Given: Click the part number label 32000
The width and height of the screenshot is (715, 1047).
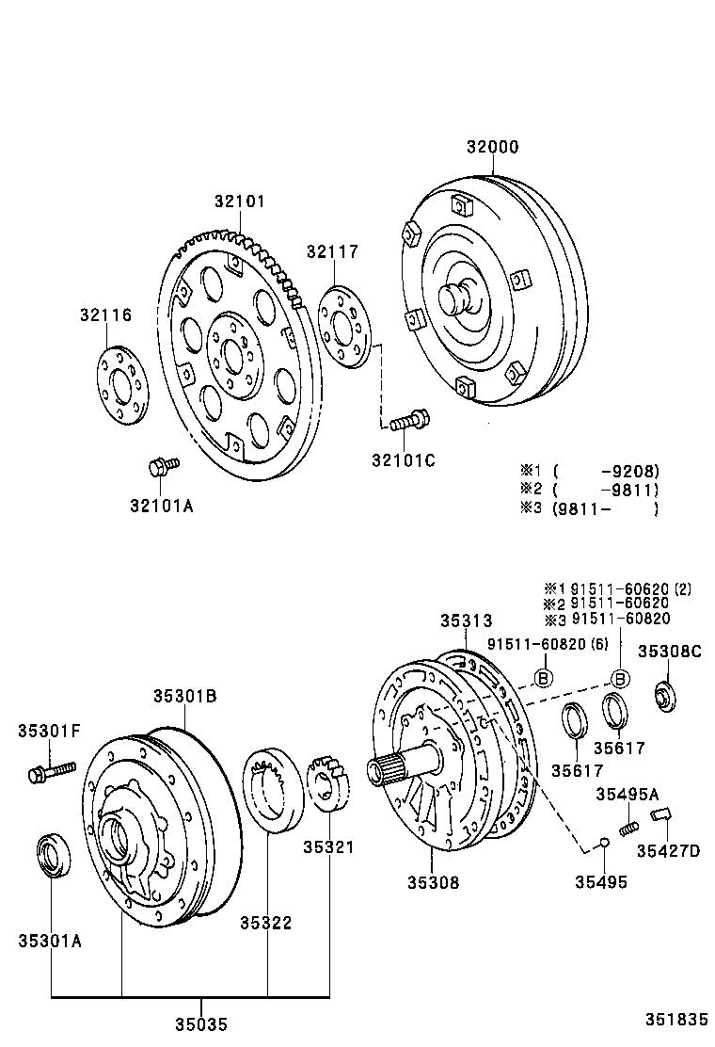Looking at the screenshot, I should tap(492, 147).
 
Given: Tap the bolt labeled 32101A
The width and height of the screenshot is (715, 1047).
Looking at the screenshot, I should tap(162, 465).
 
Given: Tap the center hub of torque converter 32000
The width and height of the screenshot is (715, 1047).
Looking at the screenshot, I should tap(460, 298).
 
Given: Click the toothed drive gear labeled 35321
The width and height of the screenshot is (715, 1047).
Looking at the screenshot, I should tap(328, 781).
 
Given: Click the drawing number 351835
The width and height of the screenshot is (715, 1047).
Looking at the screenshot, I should tap(675, 1019).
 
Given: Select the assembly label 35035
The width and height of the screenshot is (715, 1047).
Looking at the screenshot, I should tap(200, 1023).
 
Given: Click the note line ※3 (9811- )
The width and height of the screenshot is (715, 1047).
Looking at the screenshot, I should tap(588, 508).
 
